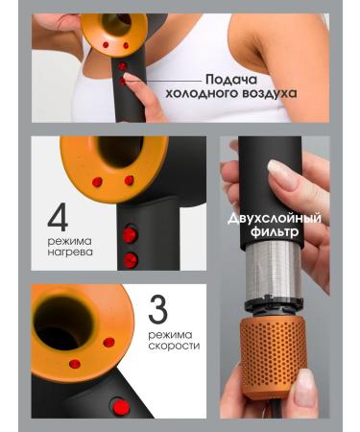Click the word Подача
click(231, 80)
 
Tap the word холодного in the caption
click(201, 93)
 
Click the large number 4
click(59, 217)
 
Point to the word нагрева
click(70, 252)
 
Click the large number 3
click(158, 309)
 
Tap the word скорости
click(174, 346)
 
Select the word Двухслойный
click(275, 219)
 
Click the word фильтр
click(275, 231)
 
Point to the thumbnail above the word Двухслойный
click(281, 175)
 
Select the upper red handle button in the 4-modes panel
click(130, 235)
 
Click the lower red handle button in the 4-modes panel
click(131, 260)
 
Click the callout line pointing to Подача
click(164, 81)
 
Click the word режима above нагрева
click(69, 241)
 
